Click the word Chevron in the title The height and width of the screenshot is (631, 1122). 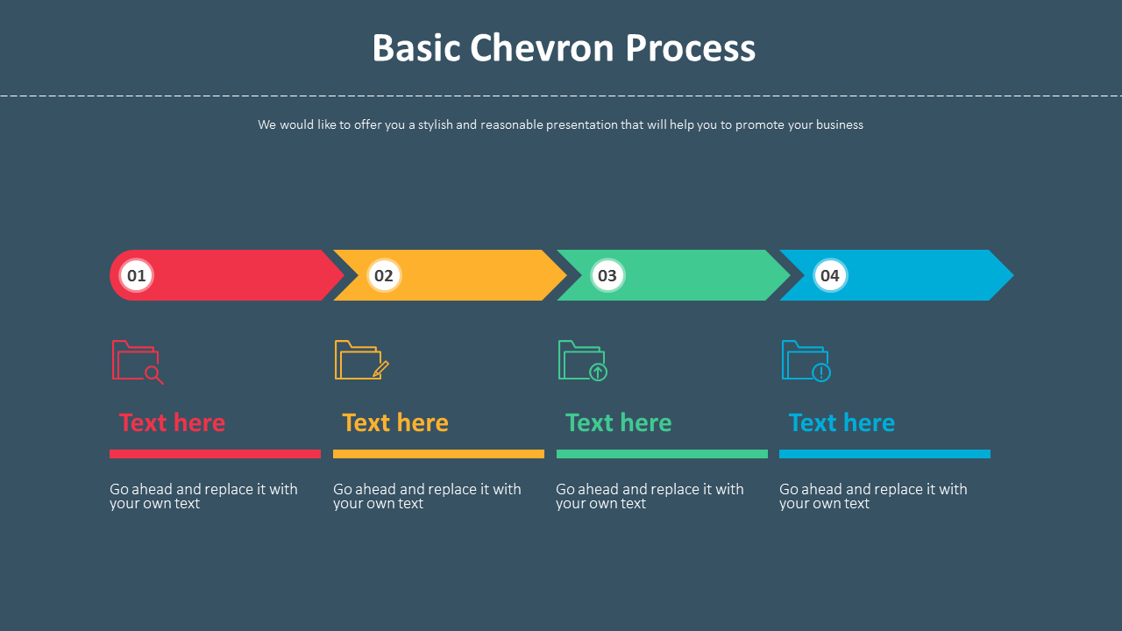pos(542,48)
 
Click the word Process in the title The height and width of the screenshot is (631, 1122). pos(690,48)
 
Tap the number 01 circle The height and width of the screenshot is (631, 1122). pos(136,275)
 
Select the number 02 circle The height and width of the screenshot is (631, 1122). pos(384,275)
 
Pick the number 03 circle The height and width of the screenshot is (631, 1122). pos(607,275)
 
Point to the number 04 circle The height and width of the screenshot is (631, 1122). pos(830,275)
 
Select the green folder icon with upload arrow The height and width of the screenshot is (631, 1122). pos(583,360)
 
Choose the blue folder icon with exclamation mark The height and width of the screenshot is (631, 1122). pos(806,360)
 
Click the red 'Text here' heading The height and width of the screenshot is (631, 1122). pos(172,422)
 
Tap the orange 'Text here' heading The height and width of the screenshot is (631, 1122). pos(395,422)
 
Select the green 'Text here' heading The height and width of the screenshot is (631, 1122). pos(618,422)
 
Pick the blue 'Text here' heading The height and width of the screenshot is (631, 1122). pos(841,422)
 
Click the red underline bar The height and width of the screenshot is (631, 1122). pos(216,454)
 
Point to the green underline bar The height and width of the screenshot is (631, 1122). pos(662,454)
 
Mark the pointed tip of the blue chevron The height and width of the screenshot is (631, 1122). pos(1013,275)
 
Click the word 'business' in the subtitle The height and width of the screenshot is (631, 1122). pos(840,124)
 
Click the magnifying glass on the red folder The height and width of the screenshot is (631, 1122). pos(153,375)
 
